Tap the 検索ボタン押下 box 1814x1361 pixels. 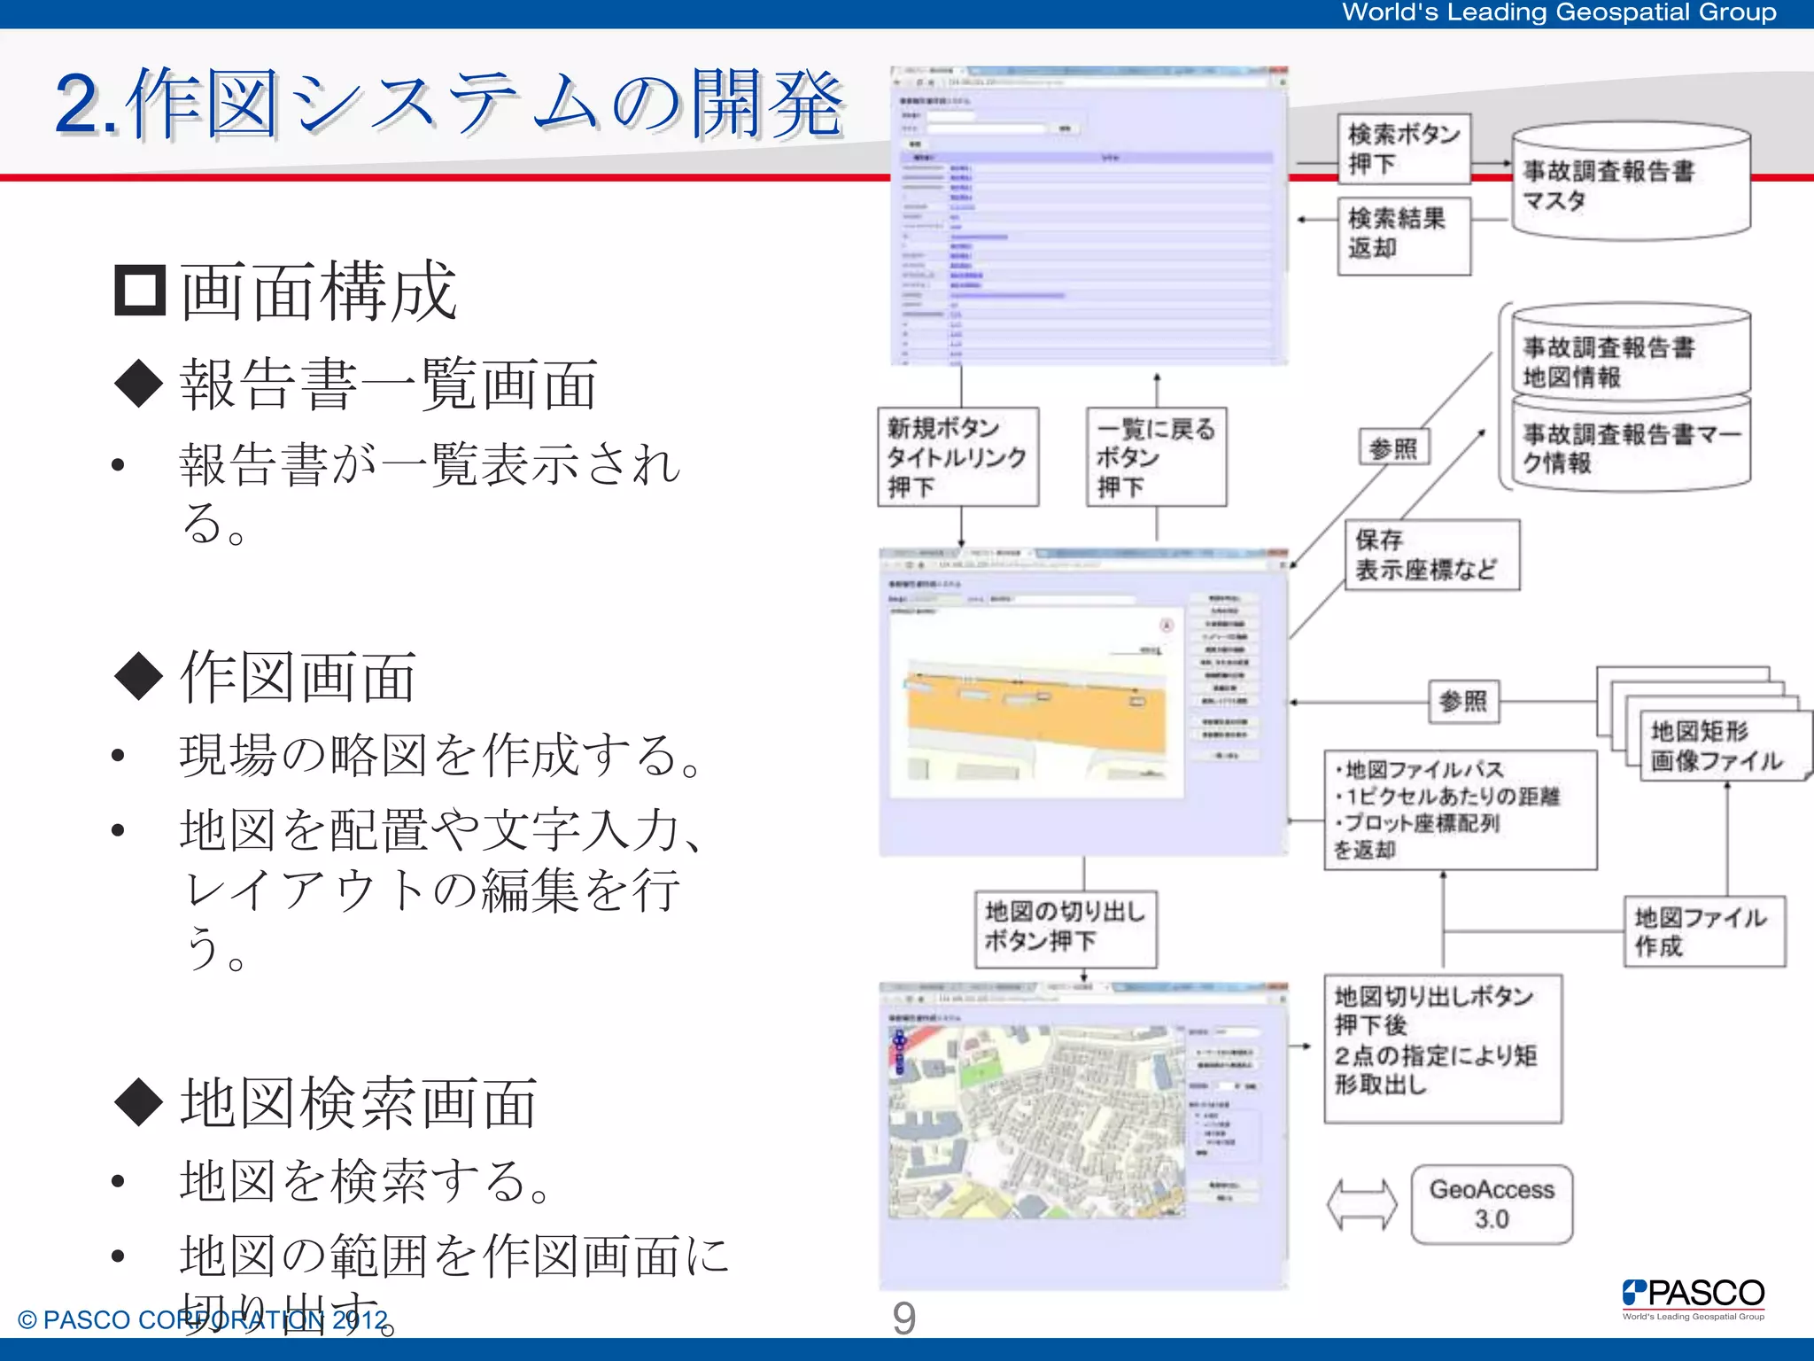pos(1403,149)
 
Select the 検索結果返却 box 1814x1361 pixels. pos(1403,235)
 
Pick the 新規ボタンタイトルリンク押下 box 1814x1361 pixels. pos(957,456)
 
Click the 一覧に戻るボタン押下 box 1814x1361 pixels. pos(1156,456)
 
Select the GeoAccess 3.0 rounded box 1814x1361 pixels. pos(1492,1204)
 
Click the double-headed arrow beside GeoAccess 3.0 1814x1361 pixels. pos(1361,1204)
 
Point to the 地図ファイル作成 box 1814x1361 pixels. pos(1704,931)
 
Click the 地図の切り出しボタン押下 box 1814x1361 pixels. pos(1066,928)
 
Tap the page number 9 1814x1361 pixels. pos(903,1318)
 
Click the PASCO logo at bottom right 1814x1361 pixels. pos(1693,1297)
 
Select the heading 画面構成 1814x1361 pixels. pos(319,291)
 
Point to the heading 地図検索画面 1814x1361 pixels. pos(358,1103)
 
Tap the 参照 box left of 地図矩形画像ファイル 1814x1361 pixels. pos(1463,702)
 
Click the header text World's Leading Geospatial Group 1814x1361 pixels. pos(1559,12)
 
